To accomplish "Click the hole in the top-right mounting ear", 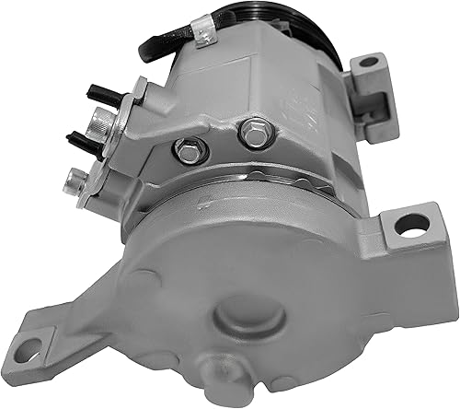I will [369, 64].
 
